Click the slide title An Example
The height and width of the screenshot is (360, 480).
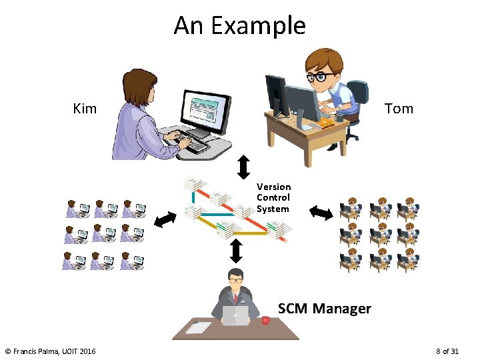point(239,25)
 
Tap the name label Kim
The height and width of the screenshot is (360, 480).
point(85,108)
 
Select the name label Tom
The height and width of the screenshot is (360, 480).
point(399,108)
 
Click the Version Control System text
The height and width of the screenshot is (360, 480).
point(273,197)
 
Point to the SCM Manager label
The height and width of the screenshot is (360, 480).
point(324,308)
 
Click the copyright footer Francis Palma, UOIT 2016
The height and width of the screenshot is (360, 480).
point(50,351)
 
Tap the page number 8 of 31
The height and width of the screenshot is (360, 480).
point(447,351)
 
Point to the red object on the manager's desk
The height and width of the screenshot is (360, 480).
point(265,321)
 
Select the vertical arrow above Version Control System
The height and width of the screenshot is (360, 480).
point(243,166)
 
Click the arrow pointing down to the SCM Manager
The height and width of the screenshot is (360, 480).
point(235,251)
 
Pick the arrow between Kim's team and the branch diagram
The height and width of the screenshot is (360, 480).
point(165,218)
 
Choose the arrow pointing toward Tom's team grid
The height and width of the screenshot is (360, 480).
point(321,213)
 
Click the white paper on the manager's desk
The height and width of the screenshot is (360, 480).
point(198,327)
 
